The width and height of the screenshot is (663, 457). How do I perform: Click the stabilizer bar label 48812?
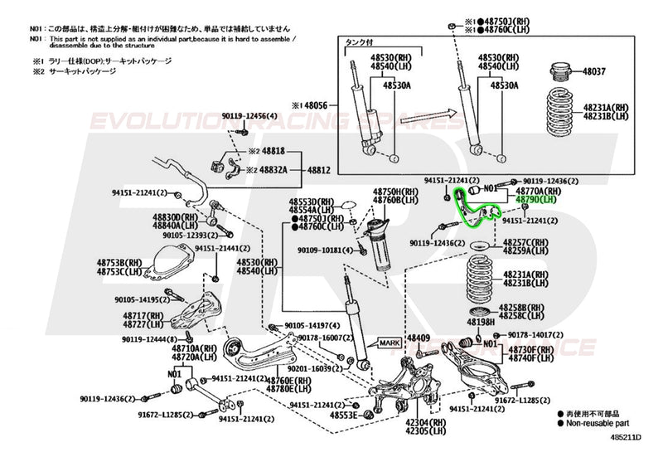pos(320,169)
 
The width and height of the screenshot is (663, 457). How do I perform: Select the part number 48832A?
pos(273,169)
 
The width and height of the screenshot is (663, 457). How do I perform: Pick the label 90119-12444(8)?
pos(149,339)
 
